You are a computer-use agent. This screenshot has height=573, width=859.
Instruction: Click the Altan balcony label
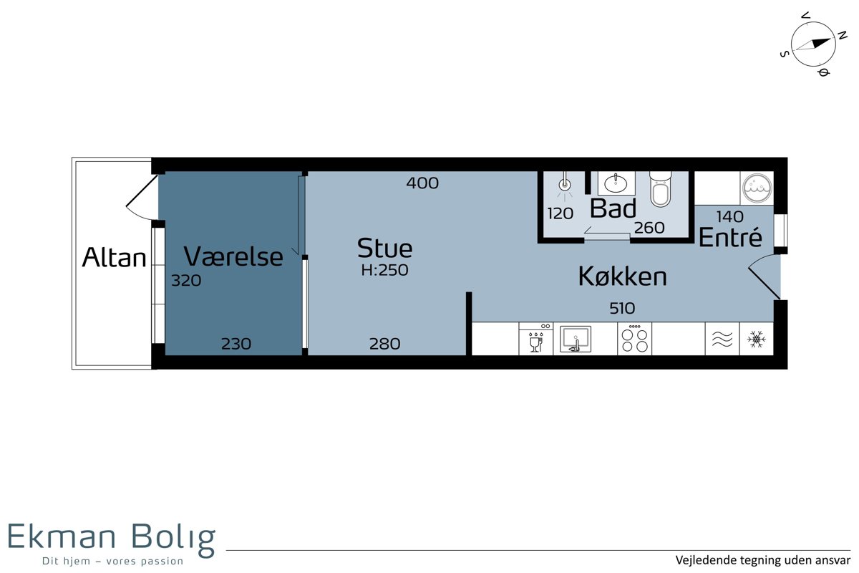pos(115,257)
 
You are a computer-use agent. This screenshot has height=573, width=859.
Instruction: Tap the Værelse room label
pos(233,256)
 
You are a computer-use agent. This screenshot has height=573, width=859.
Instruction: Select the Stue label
pos(384,249)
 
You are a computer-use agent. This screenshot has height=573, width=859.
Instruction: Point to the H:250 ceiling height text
pos(384,270)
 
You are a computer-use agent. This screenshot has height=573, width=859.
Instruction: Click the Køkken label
pos(622,276)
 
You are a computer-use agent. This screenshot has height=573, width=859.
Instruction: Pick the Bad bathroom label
pos(613,208)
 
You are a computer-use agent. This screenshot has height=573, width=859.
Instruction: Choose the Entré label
pos(730,237)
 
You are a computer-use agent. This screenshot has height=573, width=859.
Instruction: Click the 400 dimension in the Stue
pos(422,183)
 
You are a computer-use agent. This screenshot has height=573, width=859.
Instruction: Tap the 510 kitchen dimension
pos(622,308)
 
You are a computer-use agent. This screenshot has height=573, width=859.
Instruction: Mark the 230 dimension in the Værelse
pos(236,344)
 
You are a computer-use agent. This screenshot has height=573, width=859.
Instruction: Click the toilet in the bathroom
pos(660,189)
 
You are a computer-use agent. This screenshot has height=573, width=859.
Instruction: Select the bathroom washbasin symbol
pos(616,183)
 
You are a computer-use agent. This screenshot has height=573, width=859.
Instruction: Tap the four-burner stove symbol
pos(634,339)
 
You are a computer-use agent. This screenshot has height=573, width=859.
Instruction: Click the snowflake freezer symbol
pos(756,340)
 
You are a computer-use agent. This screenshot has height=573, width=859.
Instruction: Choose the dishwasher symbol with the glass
pos(535,339)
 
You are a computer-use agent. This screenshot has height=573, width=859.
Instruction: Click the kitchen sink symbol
pos(576,339)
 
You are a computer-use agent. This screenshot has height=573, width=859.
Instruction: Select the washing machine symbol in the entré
pos(757,188)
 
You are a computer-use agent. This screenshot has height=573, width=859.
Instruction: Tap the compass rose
pos(813,44)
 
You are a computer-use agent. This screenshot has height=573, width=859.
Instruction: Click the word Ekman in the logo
pos(62,536)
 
